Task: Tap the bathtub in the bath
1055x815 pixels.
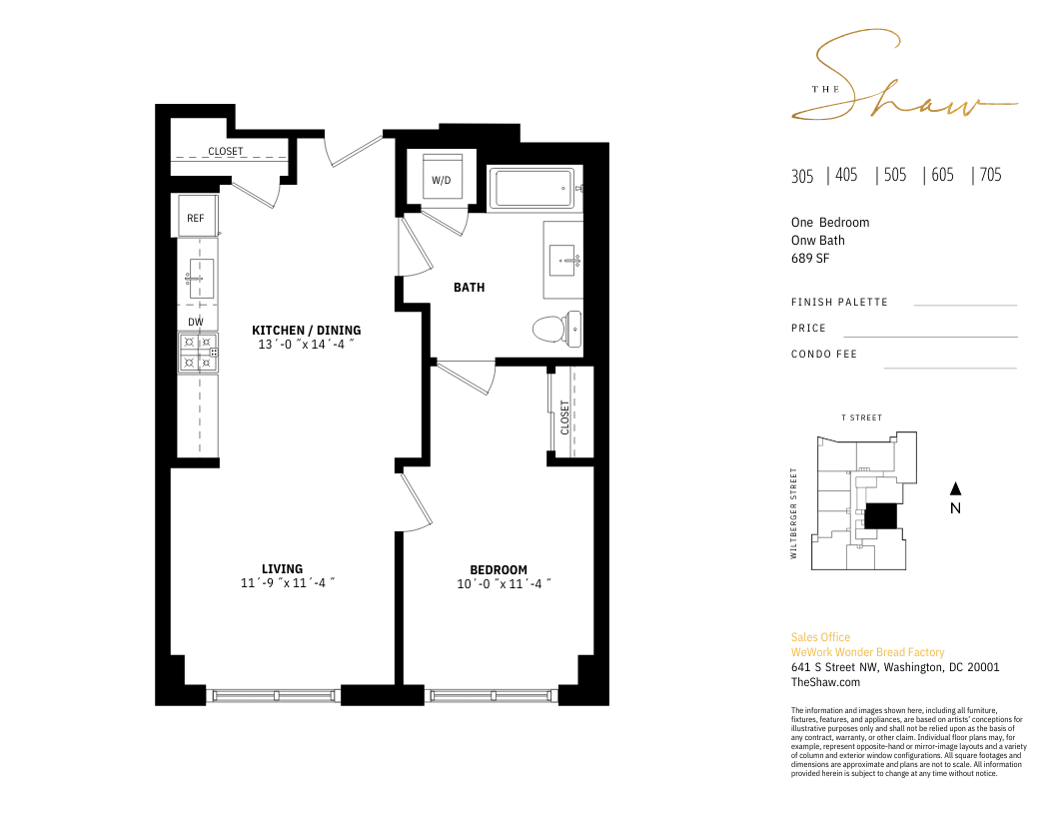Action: pos(532,189)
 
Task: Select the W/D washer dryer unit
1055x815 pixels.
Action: pos(442,177)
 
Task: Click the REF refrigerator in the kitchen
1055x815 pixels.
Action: pos(196,216)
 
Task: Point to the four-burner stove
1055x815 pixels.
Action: pos(198,353)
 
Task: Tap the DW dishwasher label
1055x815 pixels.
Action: pos(196,322)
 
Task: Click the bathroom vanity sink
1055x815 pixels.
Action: pos(562,261)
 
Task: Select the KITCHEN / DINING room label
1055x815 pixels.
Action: pos(306,331)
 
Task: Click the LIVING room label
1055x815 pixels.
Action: pos(282,569)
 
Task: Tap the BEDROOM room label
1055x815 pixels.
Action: pos(499,570)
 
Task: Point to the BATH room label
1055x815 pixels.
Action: pos(469,288)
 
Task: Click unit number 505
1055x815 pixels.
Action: pos(895,175)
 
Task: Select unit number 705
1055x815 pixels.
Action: pos(990,175)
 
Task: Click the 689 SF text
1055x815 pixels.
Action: pos(810,259)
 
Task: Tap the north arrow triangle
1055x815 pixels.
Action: pos(955,488)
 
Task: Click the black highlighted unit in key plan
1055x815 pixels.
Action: pos(881,515)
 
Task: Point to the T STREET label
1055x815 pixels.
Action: pos(861,417)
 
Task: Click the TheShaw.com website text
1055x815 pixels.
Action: pos(825,682)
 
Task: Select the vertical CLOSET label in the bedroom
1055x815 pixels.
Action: pos(565,417)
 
